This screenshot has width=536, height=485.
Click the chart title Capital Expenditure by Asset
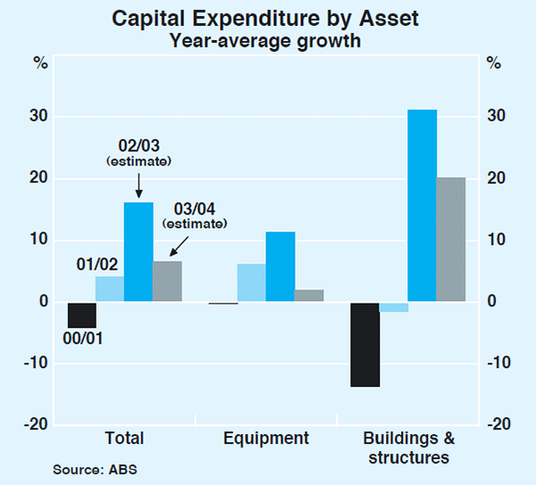[268, 18]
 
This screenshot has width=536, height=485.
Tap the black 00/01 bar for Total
[81, 314]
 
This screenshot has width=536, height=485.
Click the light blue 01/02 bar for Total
[110, 288]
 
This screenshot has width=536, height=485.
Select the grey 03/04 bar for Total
[167, 280]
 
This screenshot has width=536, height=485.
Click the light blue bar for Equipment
[251, 282]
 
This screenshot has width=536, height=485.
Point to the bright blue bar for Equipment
[280, 266]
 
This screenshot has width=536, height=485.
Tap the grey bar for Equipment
[308, 295]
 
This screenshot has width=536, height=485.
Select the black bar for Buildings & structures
[364, 344]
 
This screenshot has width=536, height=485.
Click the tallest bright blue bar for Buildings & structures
[422, 205]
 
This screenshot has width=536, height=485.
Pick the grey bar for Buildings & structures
[450, 239]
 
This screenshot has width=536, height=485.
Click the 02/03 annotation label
[138, 146]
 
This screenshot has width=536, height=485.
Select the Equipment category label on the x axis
[265, 439]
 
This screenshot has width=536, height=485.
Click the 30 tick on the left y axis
[41, 117]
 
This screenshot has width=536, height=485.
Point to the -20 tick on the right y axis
[497, 424]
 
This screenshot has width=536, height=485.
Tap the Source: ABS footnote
[95, 469]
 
